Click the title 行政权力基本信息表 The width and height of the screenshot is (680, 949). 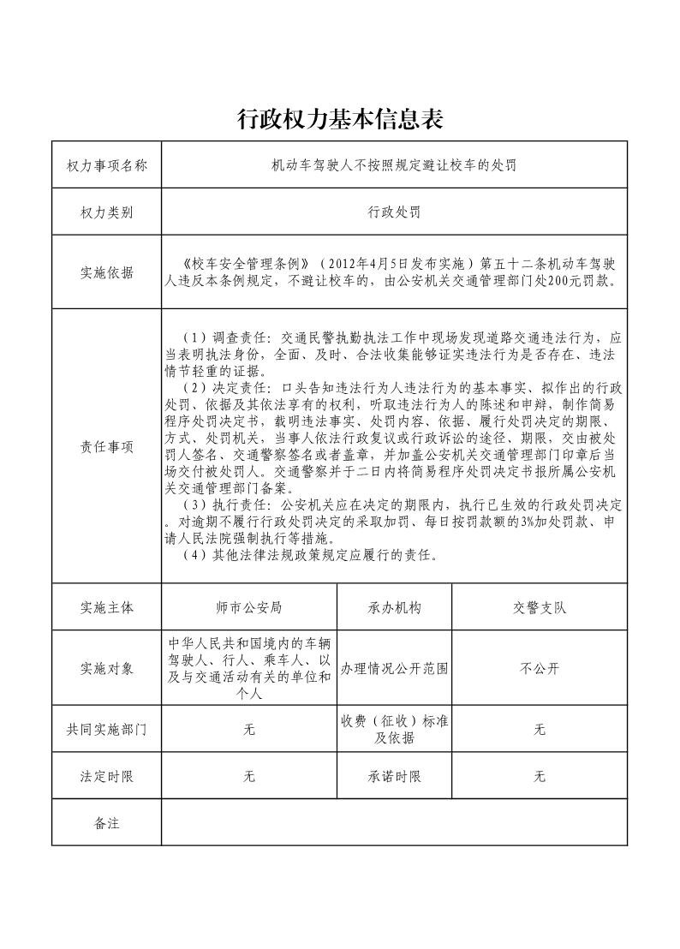click(x=339, y=119)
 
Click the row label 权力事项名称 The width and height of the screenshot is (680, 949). click(x=106, y=165)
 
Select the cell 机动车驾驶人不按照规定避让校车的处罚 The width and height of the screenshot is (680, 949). click(x=394, y=165)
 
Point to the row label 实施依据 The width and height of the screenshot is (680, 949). click(x=106, y=272)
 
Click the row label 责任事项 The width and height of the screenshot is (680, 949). click(x=106, y=446)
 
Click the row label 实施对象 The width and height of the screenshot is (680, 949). click(x=106, y=669)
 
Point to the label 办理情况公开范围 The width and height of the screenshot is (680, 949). click(x=395, y=669)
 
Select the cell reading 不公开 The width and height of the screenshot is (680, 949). click(x=540, y=669)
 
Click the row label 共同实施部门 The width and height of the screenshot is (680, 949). click(x=106, y=730)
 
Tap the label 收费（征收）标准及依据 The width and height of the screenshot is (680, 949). click(x=395, y=730)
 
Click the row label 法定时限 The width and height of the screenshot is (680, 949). click(x=106, y=777)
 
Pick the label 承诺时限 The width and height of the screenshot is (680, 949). click(x=395, y=777)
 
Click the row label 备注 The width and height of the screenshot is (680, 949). click(x=106, y=823)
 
